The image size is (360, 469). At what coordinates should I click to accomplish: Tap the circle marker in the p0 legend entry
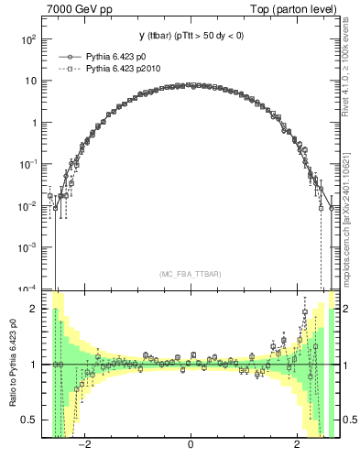69,57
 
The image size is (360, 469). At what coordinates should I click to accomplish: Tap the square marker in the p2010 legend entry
69,68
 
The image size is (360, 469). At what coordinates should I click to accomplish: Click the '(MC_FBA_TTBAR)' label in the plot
190,274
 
